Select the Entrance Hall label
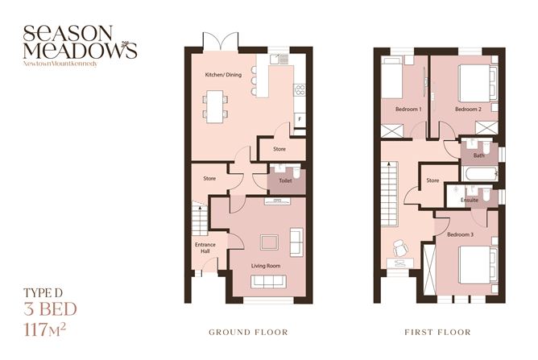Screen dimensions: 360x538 205,248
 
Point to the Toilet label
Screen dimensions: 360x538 284,181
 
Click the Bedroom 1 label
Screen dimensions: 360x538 408,108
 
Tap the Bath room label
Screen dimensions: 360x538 478,155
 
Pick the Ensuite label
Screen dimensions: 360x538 470,199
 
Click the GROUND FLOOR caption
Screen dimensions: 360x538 247,332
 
